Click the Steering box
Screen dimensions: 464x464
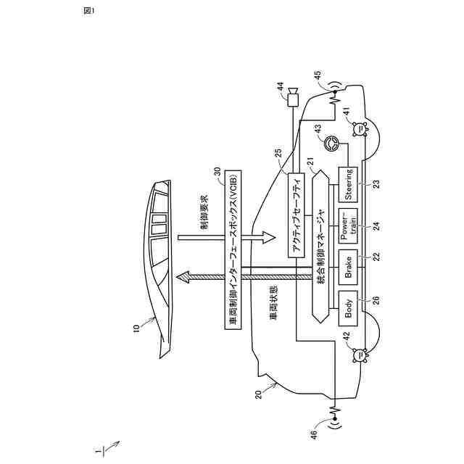pyautogui.click(x=349, y=184)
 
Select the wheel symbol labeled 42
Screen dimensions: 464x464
pyautogui.click(x=358, y=355)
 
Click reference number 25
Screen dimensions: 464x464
pyautogui.click(x=279, y=154)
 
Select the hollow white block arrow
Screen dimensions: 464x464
pyautogui.click(x=262, y=237)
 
